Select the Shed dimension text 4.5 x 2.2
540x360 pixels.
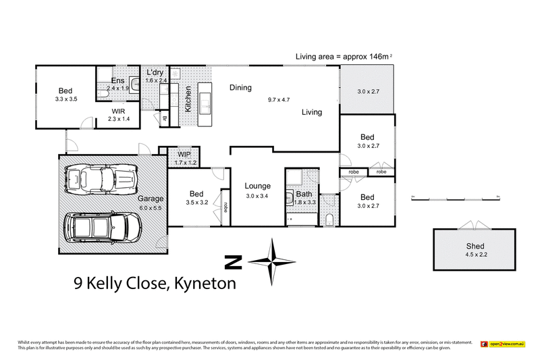[475, 255]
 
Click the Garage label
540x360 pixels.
[151, 199]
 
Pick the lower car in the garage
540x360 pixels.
[105, 228]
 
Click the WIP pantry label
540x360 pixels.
[185, 154]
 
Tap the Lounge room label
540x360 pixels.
[258, 186]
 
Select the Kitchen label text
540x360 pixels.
[188, 99]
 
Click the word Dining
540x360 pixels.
[240, 87]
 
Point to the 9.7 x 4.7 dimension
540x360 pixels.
[279, 100]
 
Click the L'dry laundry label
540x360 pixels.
[155, 72]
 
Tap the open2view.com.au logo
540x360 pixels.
[503, 344]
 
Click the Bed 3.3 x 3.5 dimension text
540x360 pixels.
[65, 99]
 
